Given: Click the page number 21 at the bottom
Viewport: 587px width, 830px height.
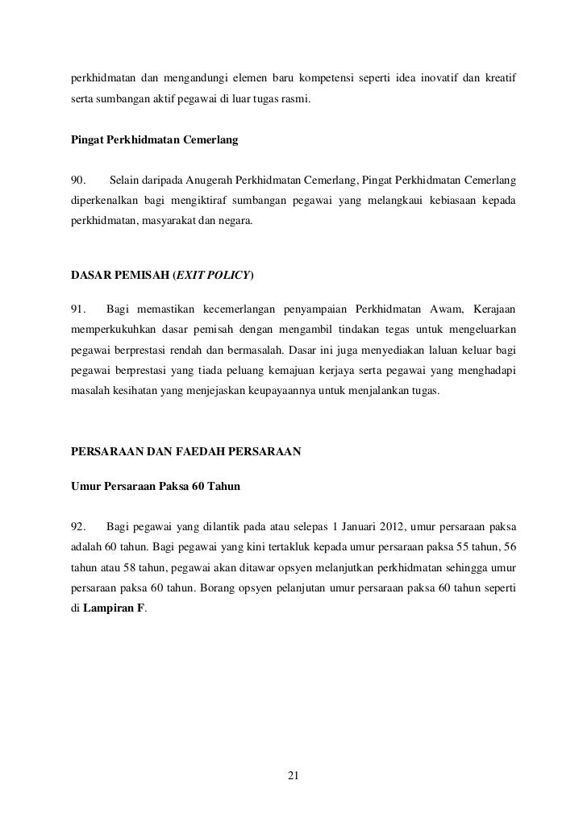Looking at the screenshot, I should [293, 776].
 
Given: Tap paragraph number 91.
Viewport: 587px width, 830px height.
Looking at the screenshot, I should [79, 309].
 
